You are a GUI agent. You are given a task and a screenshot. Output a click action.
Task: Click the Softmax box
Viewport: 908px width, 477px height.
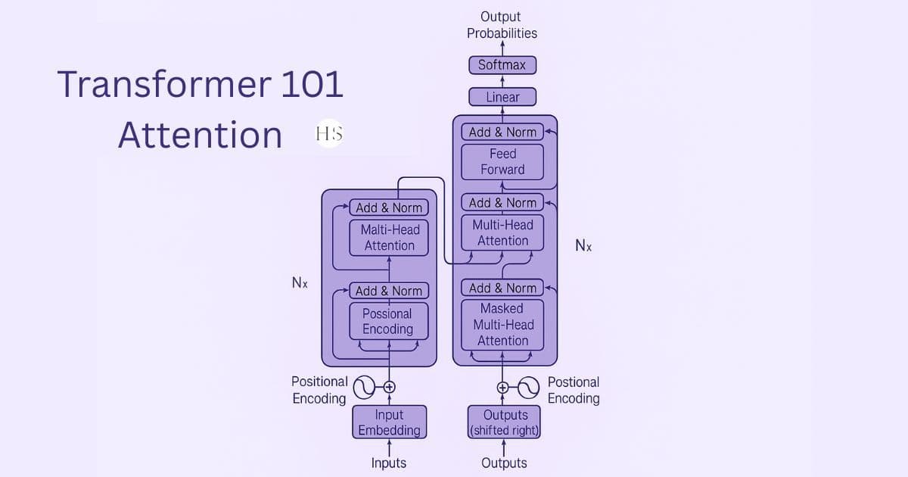click(502, 65)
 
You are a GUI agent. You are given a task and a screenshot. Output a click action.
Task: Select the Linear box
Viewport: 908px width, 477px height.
click(502, 97)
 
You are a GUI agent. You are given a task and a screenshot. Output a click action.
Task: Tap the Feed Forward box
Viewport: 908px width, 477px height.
click(502, 161)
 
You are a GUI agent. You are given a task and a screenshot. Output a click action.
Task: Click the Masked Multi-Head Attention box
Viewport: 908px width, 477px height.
click(502, 324)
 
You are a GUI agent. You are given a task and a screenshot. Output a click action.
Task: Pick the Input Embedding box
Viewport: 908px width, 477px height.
click(389, 422)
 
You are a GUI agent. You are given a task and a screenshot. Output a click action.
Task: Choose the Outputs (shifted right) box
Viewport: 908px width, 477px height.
click(505, 422)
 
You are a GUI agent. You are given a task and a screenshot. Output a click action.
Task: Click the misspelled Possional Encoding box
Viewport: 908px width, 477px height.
click(387, 321)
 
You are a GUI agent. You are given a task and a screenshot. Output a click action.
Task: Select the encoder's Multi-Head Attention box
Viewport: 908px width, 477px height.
click(389, 237)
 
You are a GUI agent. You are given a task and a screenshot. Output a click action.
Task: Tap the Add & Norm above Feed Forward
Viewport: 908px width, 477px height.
click(502, 132)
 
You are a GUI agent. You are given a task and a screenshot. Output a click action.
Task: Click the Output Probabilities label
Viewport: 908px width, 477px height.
click(502, 25)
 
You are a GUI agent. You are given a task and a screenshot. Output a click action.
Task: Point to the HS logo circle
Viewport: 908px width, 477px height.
click(328, 134)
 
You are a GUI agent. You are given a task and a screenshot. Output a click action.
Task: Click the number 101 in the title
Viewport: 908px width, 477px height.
click(312, 83)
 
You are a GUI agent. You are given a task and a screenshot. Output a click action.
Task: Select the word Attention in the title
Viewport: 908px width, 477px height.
click(201, 135)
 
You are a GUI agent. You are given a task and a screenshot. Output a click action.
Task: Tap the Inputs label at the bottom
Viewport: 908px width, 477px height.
click(389, 463)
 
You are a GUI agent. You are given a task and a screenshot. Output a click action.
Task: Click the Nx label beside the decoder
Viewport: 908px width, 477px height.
click(583, 245)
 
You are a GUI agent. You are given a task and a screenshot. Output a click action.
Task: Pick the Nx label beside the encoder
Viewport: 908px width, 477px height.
click(300, 282)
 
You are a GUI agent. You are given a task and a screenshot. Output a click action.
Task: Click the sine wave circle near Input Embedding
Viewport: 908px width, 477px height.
click(365, 387)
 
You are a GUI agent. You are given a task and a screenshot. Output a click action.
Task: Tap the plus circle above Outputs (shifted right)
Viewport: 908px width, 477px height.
click(502, 387)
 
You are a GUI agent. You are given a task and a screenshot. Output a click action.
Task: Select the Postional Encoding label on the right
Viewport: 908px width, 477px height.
click(574, 390)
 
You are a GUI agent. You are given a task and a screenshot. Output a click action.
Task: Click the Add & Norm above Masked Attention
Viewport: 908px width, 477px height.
click(502, 288)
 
